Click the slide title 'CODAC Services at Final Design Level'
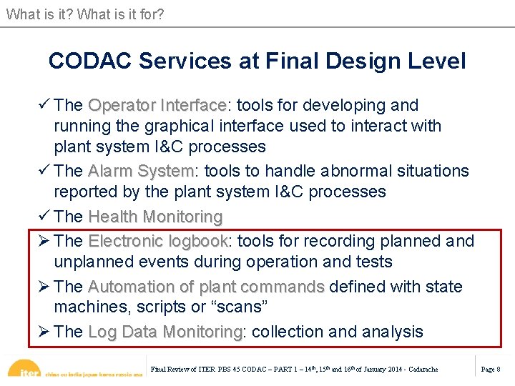click(257, 61)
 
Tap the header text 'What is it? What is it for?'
click(85, 13)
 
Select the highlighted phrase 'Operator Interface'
click(157, 105)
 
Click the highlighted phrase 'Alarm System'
click(141, 171)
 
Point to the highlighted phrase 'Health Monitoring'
click(154, 216)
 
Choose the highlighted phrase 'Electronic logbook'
click(157, 241)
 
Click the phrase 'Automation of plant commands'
click(206, 287)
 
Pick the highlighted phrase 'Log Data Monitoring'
click(165, 332)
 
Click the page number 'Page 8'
click(490, 369)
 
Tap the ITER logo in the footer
click(29, 370)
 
